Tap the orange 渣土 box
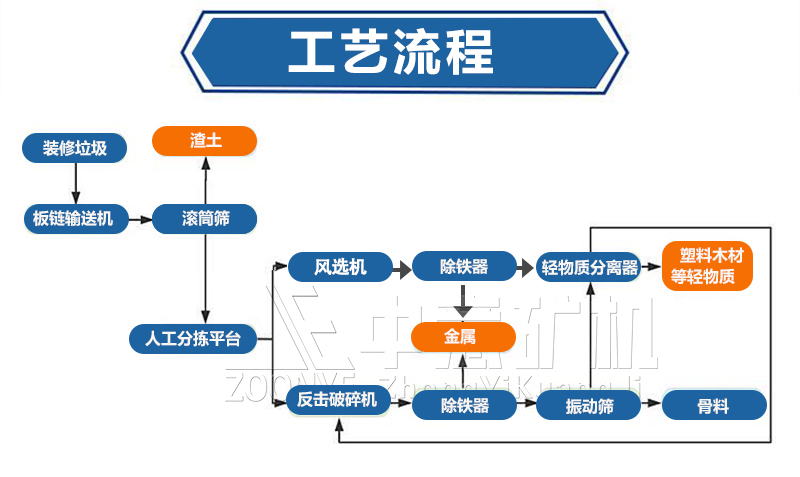(x=204, y=141)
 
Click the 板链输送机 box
(x=76, y=218)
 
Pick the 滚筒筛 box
(x=205, y=218)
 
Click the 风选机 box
(x=340, y=267)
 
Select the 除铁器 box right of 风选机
(x=464, y=267)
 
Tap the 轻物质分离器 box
(x=589, y=267)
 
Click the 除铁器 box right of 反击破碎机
(x=464, y=405)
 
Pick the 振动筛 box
(x=589, y=405)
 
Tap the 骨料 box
(x=714, y=405)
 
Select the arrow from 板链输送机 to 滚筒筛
(x=140, y=218)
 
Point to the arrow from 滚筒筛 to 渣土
(x=205, y=180)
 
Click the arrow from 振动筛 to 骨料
(x=651, y=405)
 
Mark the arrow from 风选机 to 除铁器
(x=402, y=267)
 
